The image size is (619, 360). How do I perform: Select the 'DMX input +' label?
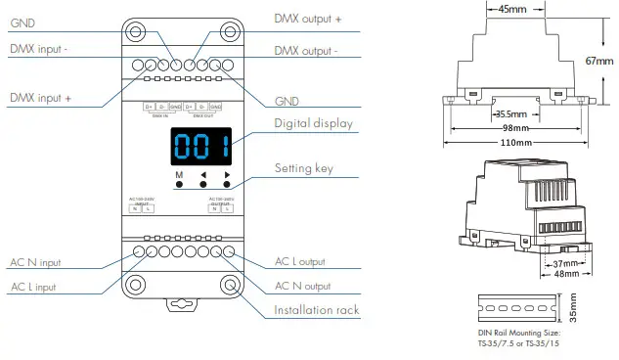(x=42, y=98)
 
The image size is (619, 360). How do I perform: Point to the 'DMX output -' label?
(x=308, y=50)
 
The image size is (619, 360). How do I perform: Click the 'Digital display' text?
(x=314, y=124)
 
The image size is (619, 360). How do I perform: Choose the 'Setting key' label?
(x=304, y=168)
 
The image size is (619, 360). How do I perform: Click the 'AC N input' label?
(x=35, y=262)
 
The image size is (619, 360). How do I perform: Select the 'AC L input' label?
(x=34, y=287)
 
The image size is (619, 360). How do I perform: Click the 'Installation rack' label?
(x=317, y=311)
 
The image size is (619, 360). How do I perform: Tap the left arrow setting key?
(x=203, y=177)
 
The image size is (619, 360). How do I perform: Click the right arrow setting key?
(x=227, y=177)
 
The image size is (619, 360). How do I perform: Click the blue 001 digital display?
(x=202, y=148)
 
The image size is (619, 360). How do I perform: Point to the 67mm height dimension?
(x=599, y=61)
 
